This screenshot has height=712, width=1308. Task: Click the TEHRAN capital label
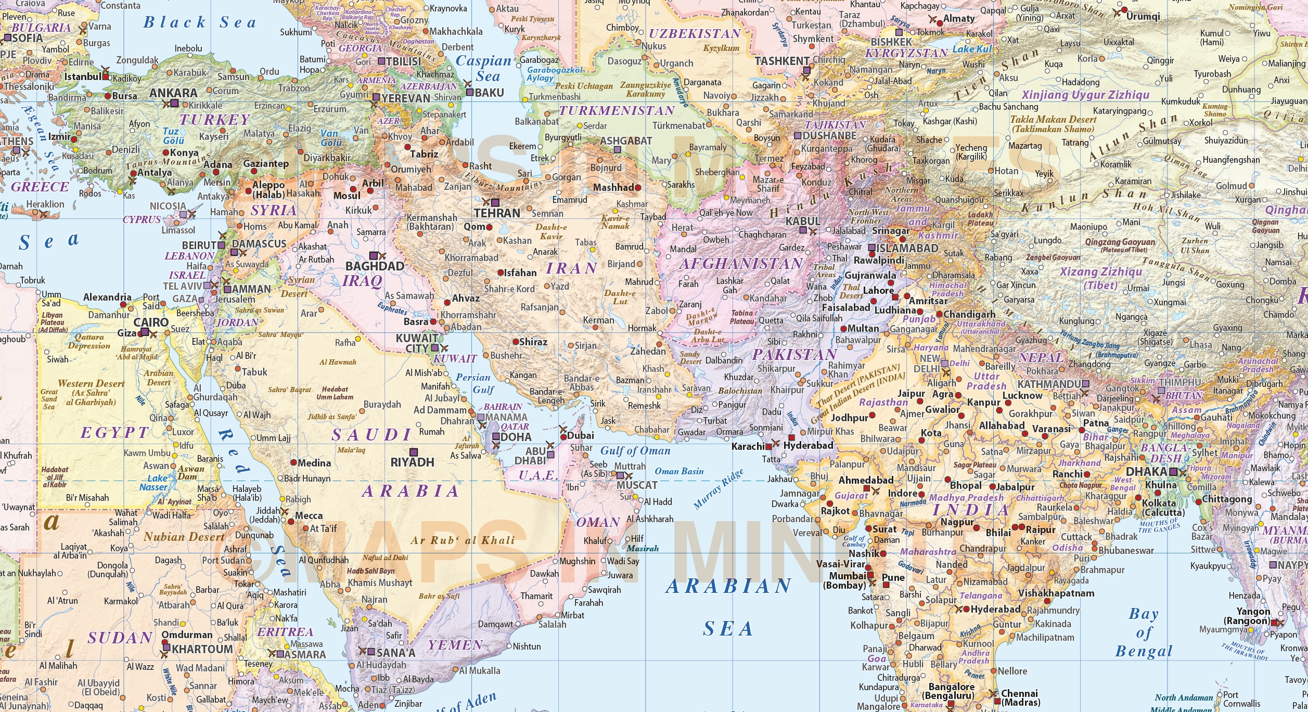496,213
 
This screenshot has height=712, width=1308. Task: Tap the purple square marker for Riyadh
414,452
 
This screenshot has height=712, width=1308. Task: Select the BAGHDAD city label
375,266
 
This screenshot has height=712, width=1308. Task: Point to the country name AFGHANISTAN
741,264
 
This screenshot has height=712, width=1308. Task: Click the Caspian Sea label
484,68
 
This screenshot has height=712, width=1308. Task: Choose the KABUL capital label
802,221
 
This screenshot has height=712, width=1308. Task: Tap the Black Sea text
200,22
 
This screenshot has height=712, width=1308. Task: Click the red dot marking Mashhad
638,187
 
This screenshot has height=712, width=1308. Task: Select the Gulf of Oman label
635,451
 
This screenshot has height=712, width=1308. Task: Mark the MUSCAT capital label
637,485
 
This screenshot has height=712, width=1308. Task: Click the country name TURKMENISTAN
617,111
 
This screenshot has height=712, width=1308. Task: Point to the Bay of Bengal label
1144,632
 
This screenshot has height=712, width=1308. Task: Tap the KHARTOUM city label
202,649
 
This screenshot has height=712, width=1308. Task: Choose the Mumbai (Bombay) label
844,580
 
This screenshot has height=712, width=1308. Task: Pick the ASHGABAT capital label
625,141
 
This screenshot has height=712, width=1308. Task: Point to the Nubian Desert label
184,537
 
